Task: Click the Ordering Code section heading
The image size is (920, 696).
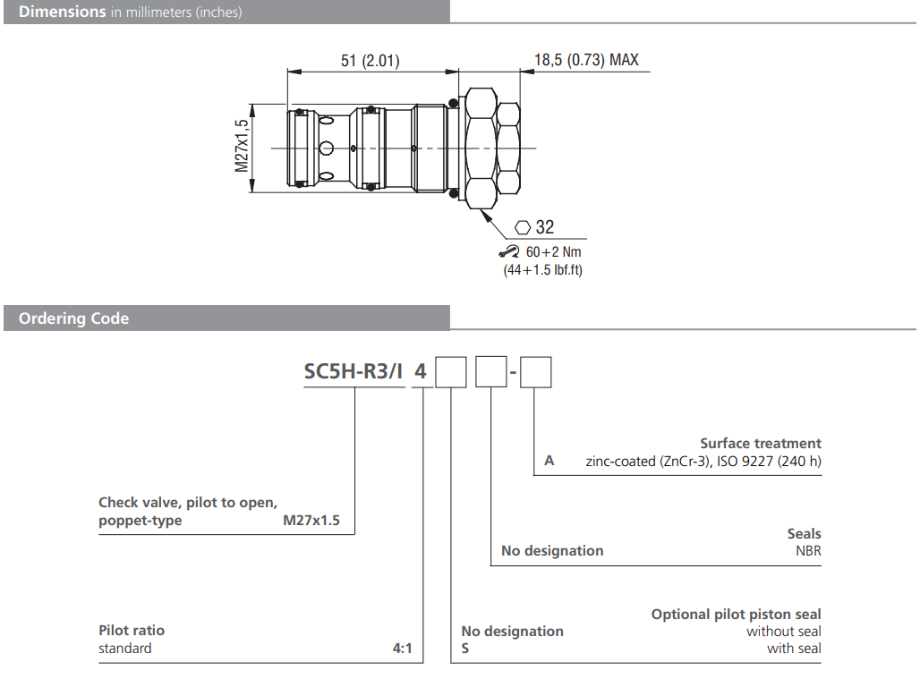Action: click(x=73, y=318)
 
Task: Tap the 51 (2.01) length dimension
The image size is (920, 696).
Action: click(x=370, y=61)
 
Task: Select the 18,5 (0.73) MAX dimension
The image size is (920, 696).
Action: click(x=586, y=61)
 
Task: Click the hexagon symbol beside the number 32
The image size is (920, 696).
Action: click(x=524, y=227)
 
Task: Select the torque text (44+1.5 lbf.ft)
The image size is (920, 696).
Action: click(x=542, y=269)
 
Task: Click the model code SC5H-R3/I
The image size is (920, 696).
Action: click(x=353, y=371)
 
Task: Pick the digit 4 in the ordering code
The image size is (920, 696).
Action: click(x=419, y=371)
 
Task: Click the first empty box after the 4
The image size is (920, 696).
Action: click(x=451, y=371)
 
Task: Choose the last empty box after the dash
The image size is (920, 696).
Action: click(x=536, y=371)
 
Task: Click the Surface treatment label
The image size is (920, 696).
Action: click(x=760, y=443)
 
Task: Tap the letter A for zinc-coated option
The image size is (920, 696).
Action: click(x=549, y=461)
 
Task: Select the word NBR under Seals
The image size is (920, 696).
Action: click(x=808, y=550)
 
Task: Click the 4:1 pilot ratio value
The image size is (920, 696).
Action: click(x=402, y=649)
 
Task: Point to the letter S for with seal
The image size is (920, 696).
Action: click(x=465, y=649)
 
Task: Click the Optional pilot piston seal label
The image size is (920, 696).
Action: click(x=736, y=614)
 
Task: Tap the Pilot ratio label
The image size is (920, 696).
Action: click(x=132, y=631)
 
